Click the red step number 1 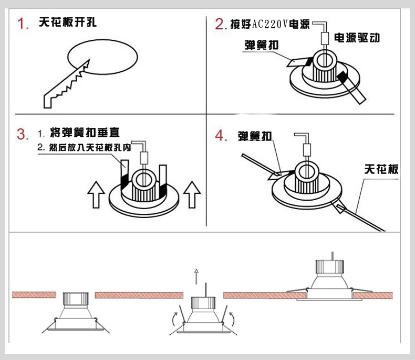pyautogui.click(x=22, y=24)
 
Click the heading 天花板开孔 pyautogui.click(x=67, y=23)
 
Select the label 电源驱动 pyautogui.click(x=357, y=38)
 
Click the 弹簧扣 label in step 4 pyautogui.click(x=255, y=136)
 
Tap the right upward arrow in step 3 pyautogui.click(x=192, y=195)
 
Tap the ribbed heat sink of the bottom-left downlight pyautogui.click(x=73, y=300)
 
